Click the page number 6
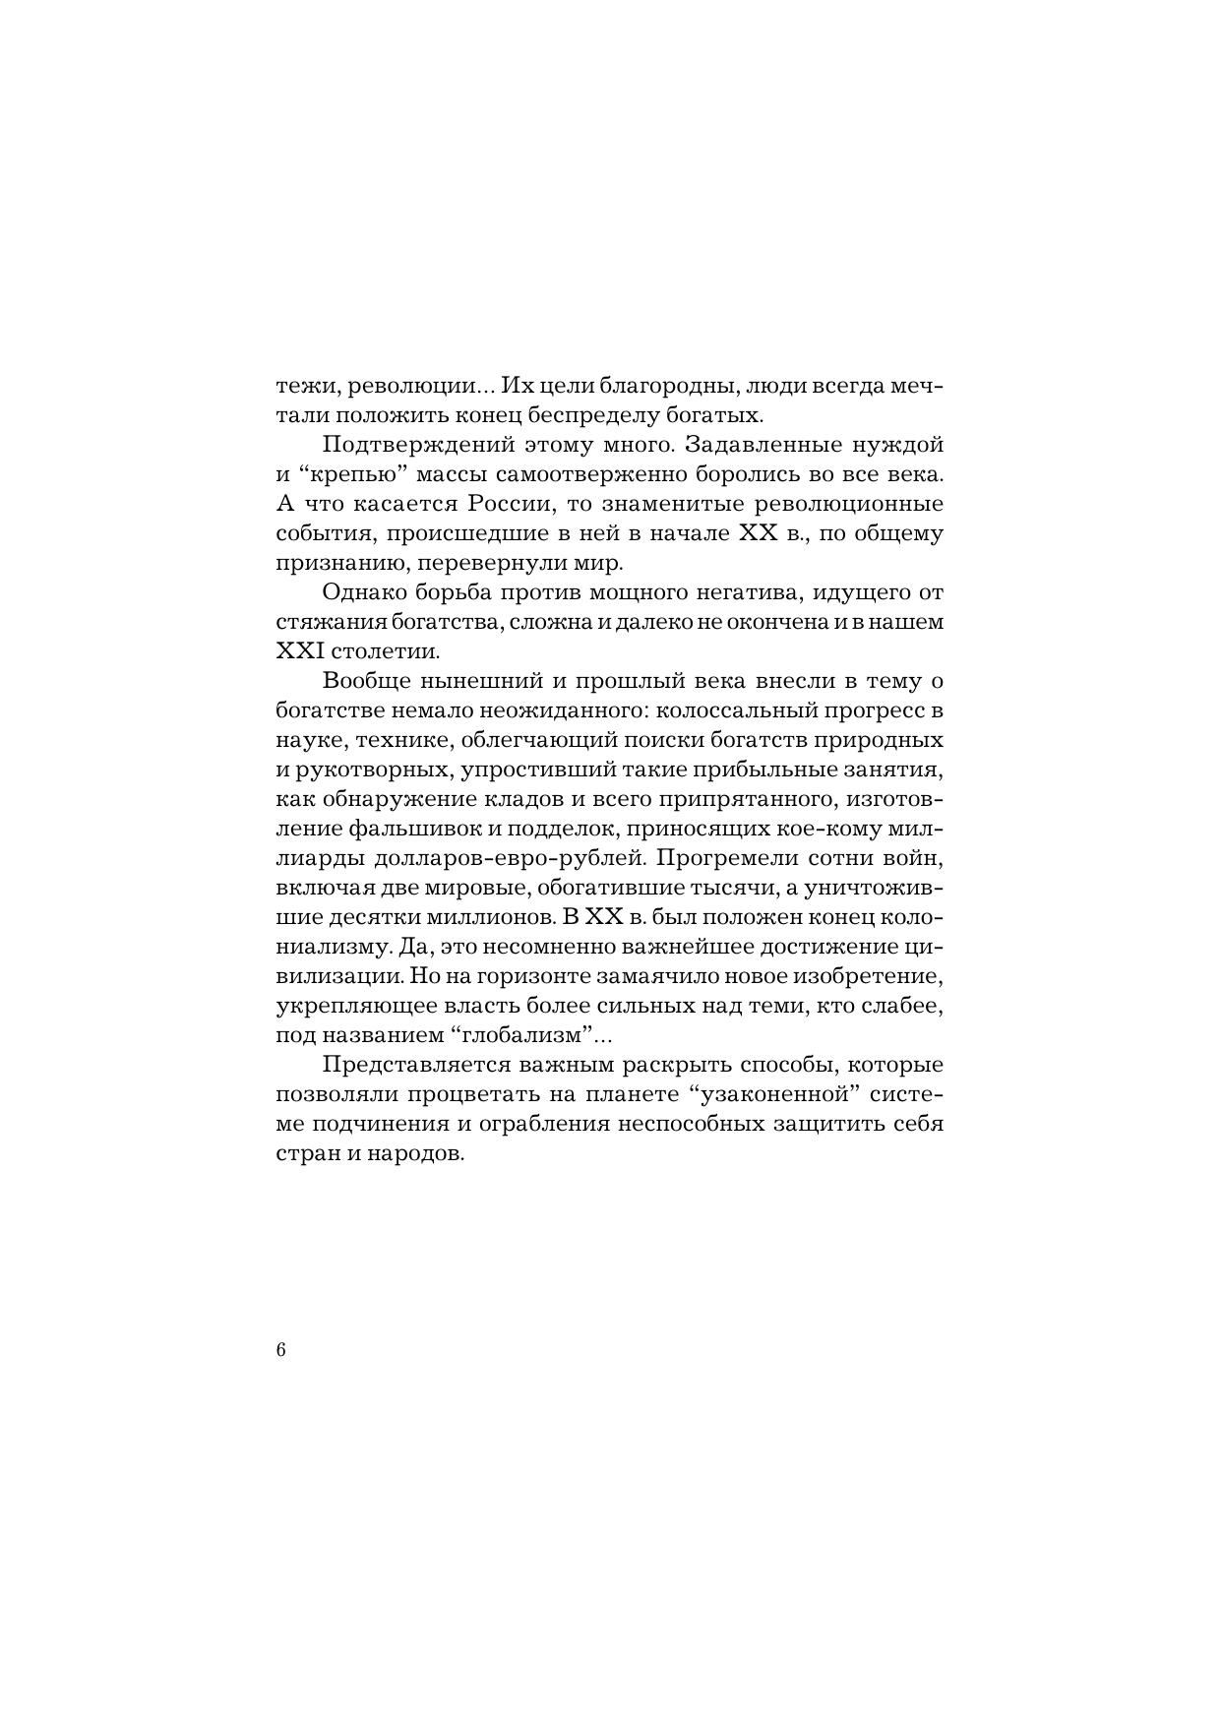click(281, 1350)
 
